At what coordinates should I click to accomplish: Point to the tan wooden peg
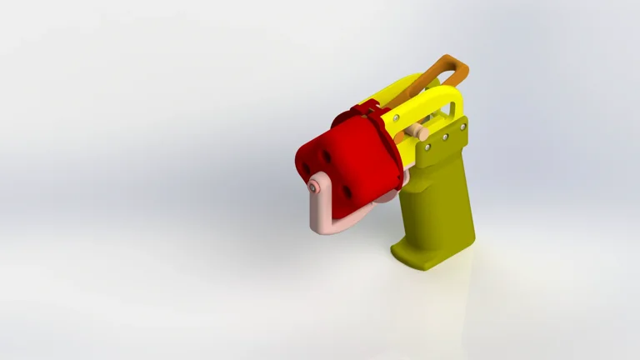coord(420,132)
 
